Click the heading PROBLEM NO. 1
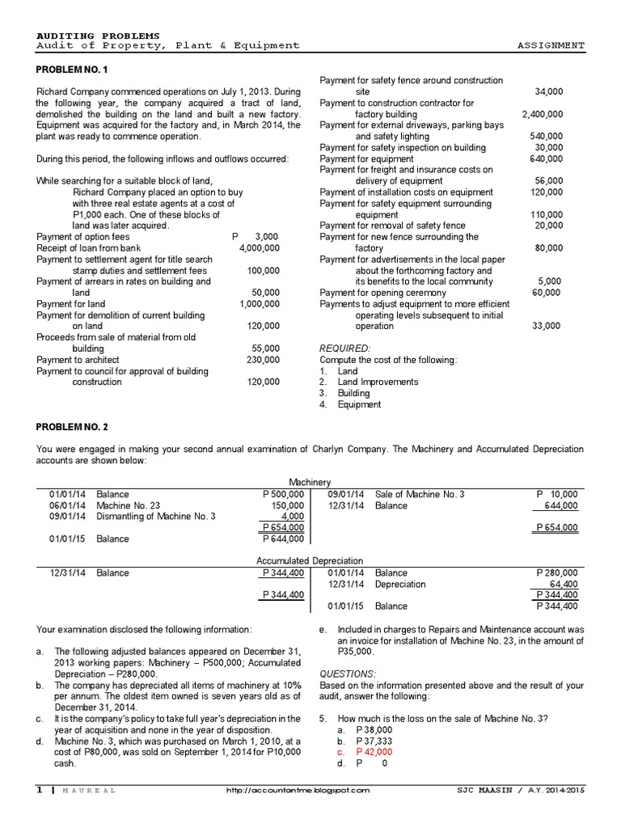[73, 70]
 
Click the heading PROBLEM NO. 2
[73, 426]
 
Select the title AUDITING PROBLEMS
[99, 36]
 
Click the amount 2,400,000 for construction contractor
[543, 114]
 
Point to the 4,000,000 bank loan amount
[260, 247]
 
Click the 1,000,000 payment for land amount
[260, 303]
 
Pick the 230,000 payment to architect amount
[264, 359]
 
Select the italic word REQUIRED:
[345, 348]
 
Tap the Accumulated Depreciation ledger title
[310, 560]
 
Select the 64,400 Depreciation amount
[564, 584]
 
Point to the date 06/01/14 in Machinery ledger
[65, 505]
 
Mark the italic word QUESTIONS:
[348, 674]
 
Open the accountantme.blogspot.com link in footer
[298, 791]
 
